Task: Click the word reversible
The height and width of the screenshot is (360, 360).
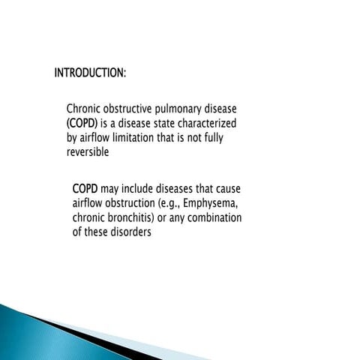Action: tap(88, 152)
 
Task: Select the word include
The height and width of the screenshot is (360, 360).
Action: tap(133, 188)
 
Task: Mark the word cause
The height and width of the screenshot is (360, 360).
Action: tap(226, 188)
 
